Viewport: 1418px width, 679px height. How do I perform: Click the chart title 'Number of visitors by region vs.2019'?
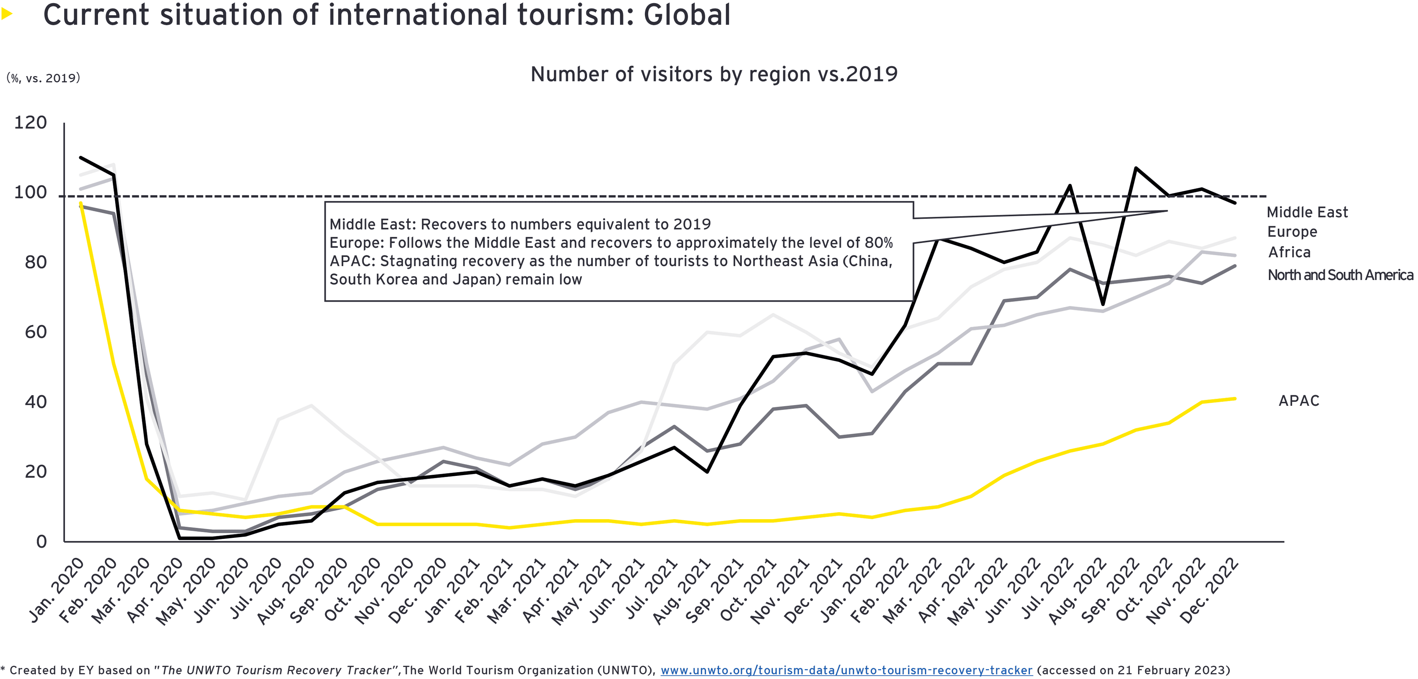tap(714, 74)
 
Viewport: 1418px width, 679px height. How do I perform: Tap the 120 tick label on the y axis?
tap(30, 122)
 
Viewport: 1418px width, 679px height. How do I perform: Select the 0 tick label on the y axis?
tap(41, 542)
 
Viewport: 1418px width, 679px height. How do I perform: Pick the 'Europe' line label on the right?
tap(1292, 232)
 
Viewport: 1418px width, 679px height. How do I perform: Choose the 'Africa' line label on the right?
tap(1289, 252)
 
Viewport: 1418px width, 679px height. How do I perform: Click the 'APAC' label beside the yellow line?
tap(1299, 401)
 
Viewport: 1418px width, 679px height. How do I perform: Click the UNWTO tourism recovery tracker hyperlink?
tap(846, 670)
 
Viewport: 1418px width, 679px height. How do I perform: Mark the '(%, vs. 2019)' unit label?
tap(43, 78)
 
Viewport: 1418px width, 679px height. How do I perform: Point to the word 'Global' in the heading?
tap(686, 15)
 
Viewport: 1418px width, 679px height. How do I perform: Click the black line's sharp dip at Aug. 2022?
tap(1103, 303)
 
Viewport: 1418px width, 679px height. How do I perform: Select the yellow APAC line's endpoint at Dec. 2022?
tap(1235, 399)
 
